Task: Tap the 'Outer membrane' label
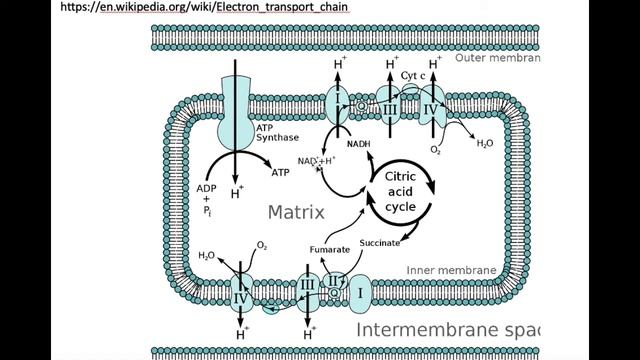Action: pyautogui.click(x=496, y=58)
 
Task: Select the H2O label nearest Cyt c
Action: pyautogui.click(x=484, y=144)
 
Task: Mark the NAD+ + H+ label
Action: pyautogui.click(x=317, y=161)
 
